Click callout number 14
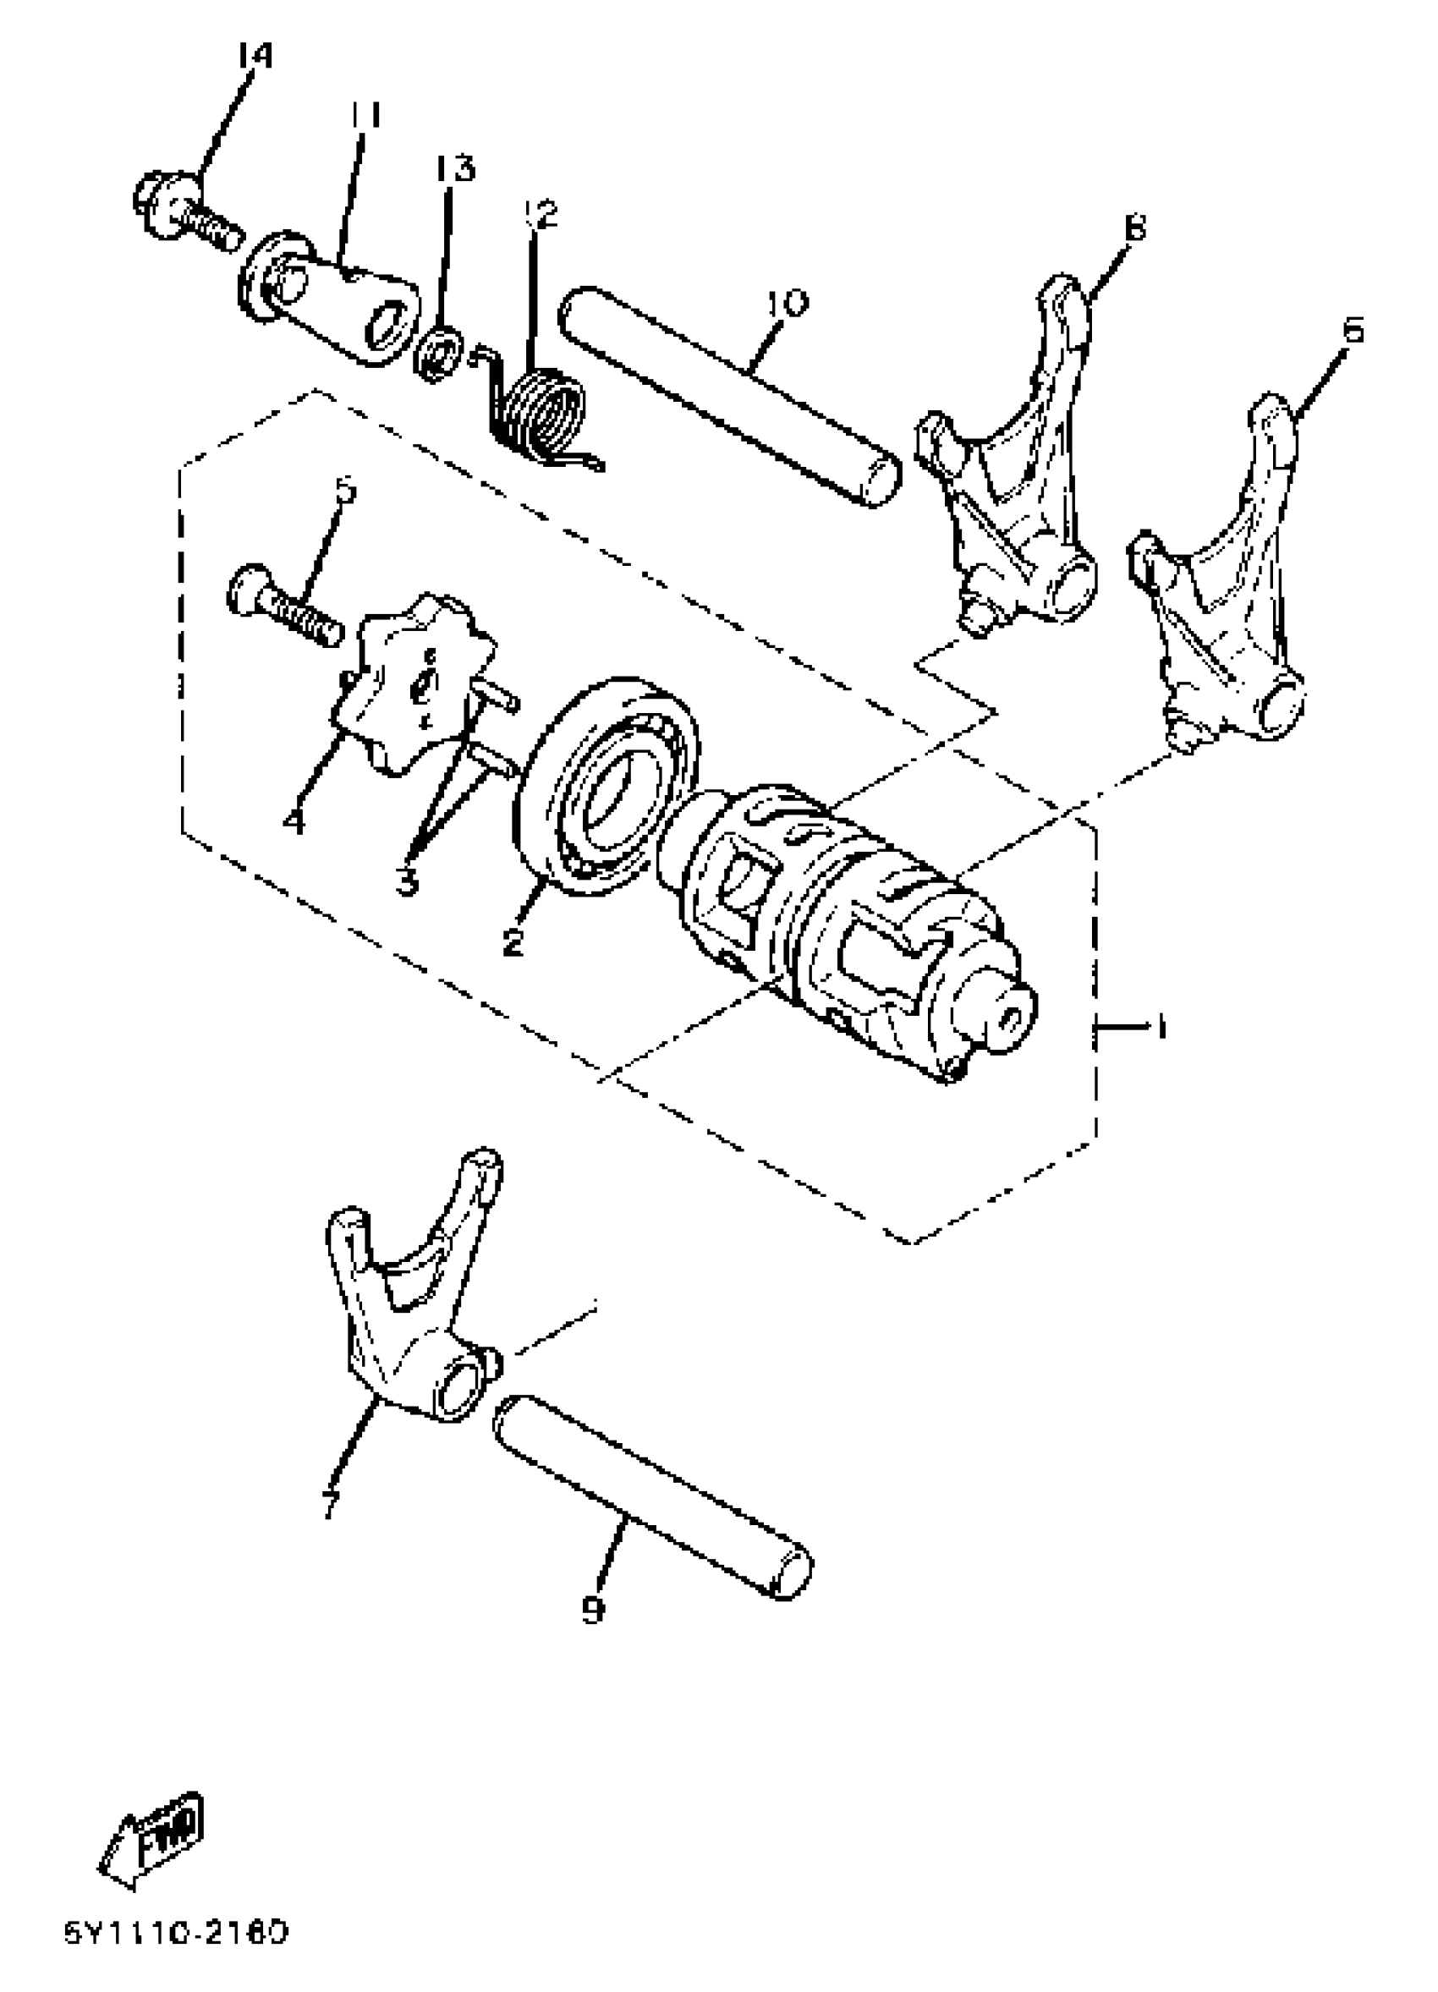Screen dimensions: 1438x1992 254,55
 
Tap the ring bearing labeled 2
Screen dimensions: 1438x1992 606,786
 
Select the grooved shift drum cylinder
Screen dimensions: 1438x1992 852,931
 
